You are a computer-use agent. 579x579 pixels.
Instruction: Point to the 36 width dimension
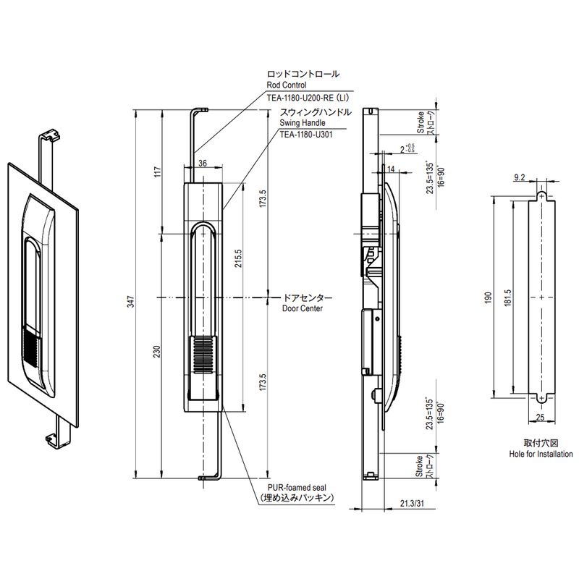[203, 164]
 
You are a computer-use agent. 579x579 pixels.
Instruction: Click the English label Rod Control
[287, 85]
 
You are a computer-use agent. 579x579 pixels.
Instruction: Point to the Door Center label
[301, 308]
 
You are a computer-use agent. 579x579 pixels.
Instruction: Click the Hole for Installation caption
[540, 453]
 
